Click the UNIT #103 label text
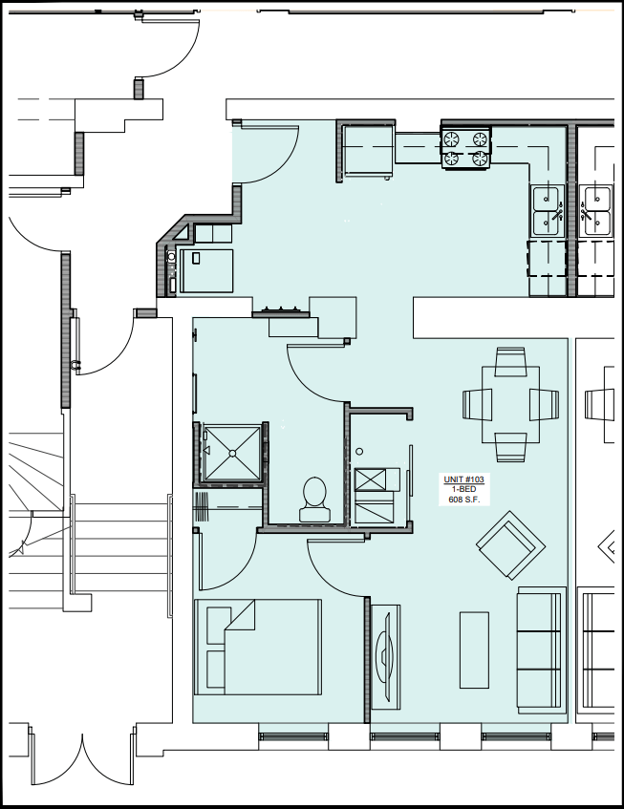[463, 479]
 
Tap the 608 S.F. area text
[463, 500]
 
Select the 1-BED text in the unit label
[463, 489]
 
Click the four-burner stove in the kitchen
[465, 148]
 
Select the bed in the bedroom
[257, 646]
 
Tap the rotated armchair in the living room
[510, 545]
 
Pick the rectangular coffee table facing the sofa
[474, 649]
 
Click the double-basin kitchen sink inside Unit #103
[546, 210]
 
